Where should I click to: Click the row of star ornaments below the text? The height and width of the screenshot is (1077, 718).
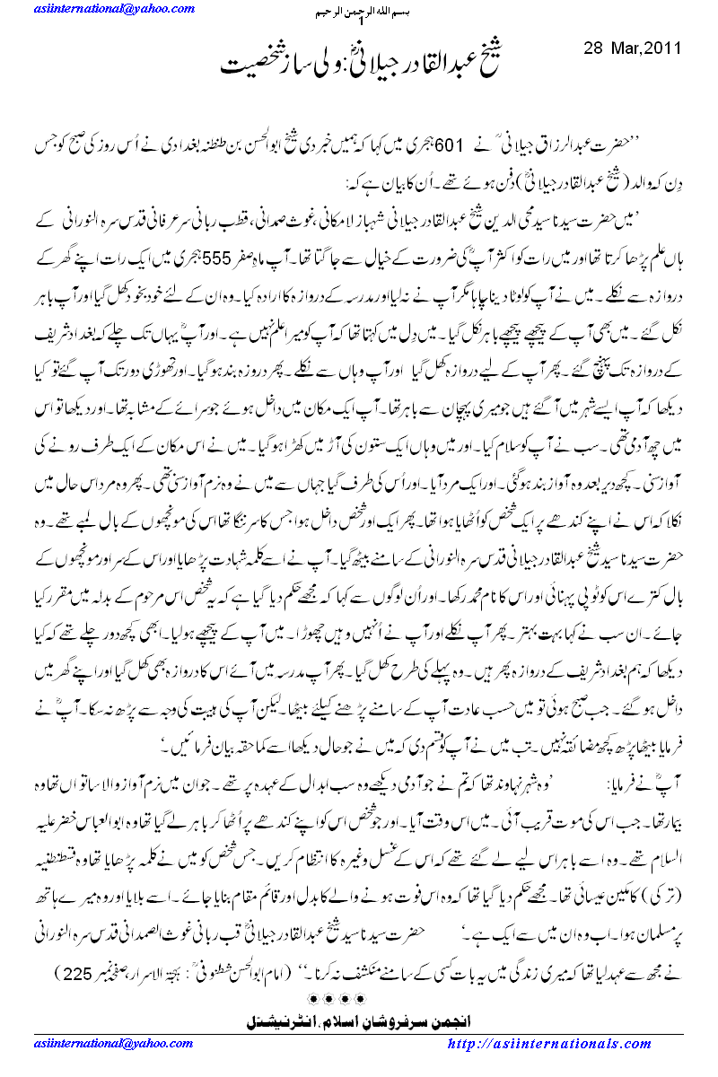359,997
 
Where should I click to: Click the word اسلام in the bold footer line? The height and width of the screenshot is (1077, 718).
346,1020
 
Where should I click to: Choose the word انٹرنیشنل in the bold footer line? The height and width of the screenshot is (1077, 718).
279,1020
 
